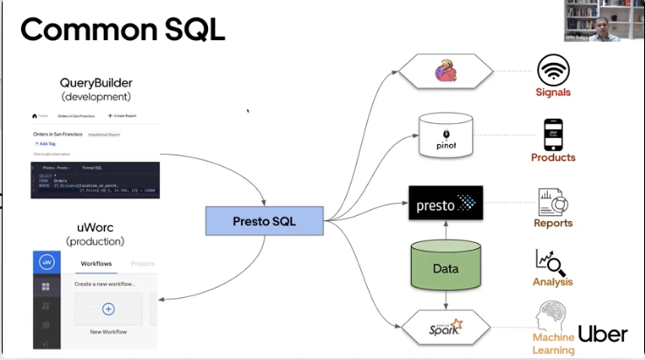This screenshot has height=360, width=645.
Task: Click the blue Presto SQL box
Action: click(264, 221)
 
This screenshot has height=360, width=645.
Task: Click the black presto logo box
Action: click(446, 203)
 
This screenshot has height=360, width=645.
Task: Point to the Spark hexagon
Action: click(446, 329)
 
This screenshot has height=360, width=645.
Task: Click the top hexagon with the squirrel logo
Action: click(446, 71)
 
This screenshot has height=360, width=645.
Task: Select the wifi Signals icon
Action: click(552, 68)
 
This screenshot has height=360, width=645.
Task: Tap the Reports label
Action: click(552, 223)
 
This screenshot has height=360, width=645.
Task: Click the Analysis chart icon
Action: click(552, 262)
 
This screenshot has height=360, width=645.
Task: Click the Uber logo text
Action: click(602, 334)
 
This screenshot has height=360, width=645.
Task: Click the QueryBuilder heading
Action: click(96, 82)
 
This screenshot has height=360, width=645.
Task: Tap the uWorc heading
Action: click(96, 227)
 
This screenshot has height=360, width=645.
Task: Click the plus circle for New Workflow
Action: click(108, 308)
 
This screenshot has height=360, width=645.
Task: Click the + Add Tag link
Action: click(45, 142)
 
